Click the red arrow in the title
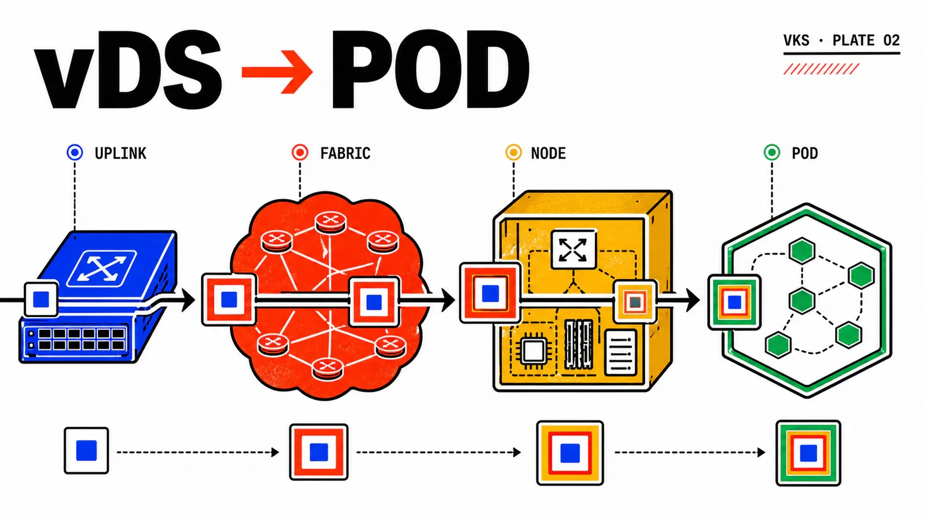click(x=277, y=72)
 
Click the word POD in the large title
click(x=431, y=69)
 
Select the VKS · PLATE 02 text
click(x=842, y=41)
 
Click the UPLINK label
click(x=120, y=153)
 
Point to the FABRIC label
click(x=345, y=153)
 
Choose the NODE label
click(x=548, y=153)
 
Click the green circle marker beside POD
click(x=772, y=153)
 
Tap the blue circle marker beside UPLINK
click(x=75, y=153)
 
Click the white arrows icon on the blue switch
click(x=102, y=268)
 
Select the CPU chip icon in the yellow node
click(x=533, y=351)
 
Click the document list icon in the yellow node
click(x=620, y=353)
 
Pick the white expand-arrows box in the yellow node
click(x=574, y=250)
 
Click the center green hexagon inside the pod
click(x=802, y=300)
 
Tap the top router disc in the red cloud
click(x=330, y=222)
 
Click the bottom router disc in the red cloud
click(x=328, y=368)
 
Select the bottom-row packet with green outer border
click(x=808, y=453)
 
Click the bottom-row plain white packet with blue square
click(x=86, y=451)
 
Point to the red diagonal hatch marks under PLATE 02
click(x=821, y=69)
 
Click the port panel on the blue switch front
click(x=75, y=339)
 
